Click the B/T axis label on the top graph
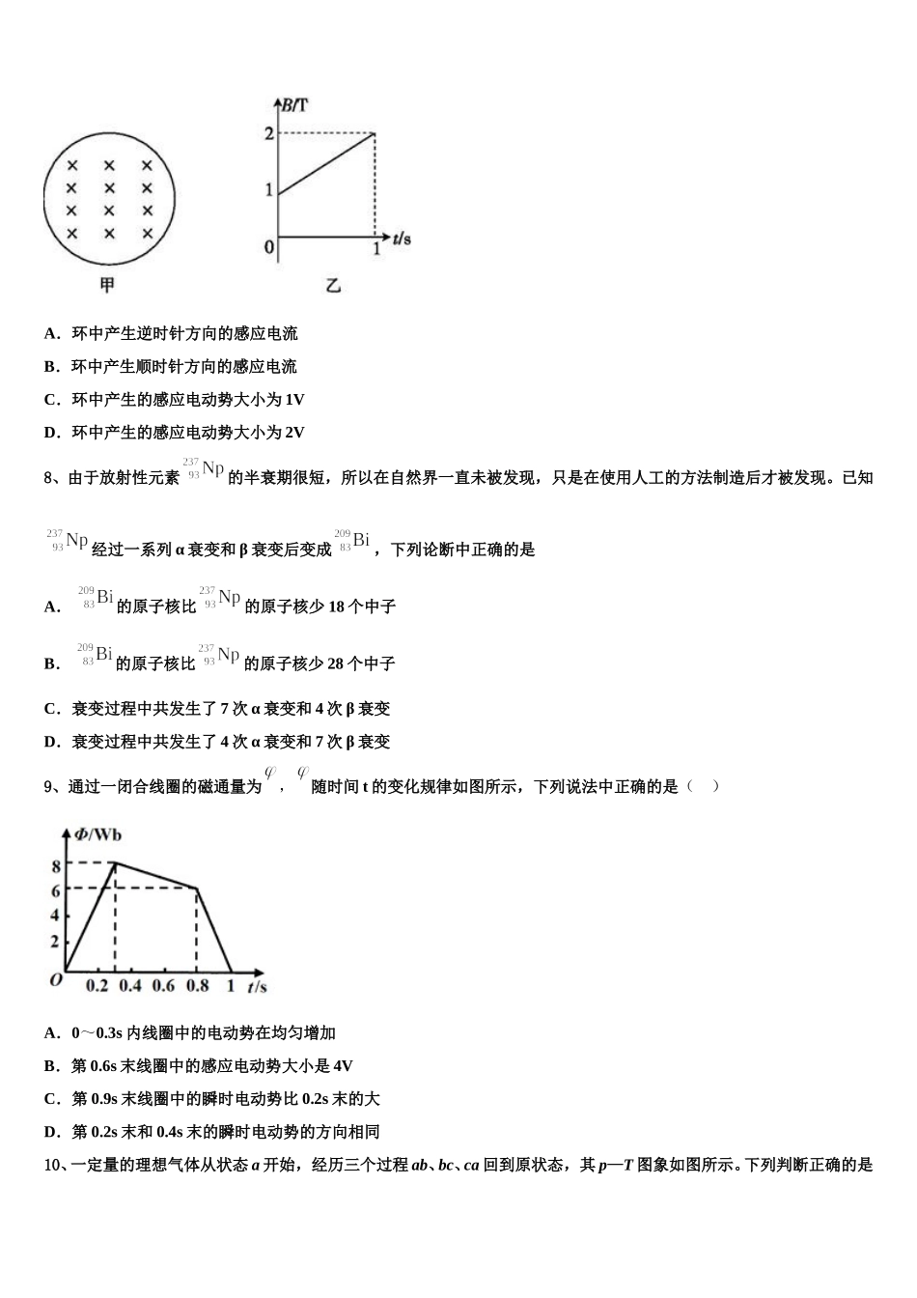pyautogui.click(x=291, y=104)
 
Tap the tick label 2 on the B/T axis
pyautogui.click(x=269, y=133)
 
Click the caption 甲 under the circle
pyautogui.click(x=107, y=286)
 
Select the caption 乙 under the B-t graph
pyautogui.click(x=333, y=286)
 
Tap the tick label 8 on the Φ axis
pyautogui.click(x=56, y=865)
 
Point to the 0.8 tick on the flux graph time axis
pyautogui.click(x=197, y=986)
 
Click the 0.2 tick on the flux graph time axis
pyautogui.click(x=97, y=986)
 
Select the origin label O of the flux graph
pyautogui.click(x=55, y=979)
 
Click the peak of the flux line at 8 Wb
pyautogui.click(x=116, y=862)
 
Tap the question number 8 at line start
pyautogui.click(x=49, y=477)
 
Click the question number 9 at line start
pyautogui.click(x=49, y=787)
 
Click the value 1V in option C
pyautogui.click(x=295, y=400)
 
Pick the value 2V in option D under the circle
pyautogui.click(x=295, y=433)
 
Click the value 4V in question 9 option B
pyautogui.click(x=343, y=1066)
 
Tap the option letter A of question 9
pyautogui.click(x=51, y=1033)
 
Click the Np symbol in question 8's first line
pyautogui.click(x=212, y=469)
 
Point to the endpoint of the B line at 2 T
pyautogui.click(x=375, y=133)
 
